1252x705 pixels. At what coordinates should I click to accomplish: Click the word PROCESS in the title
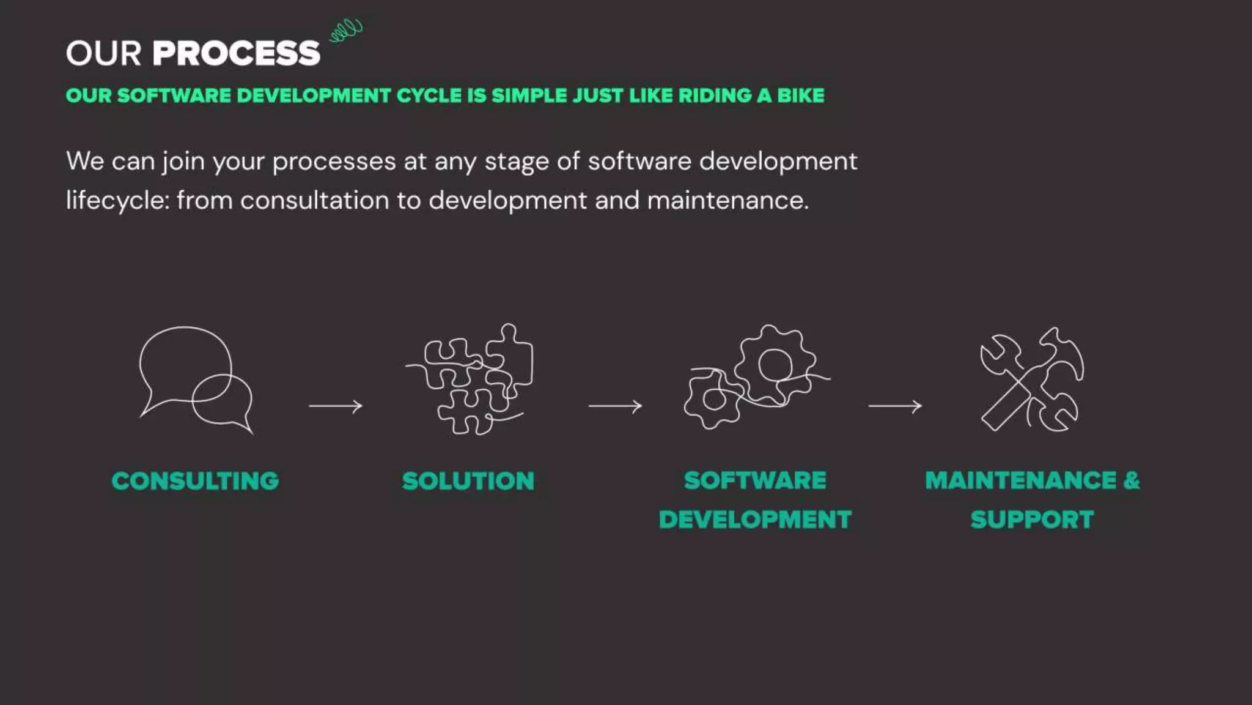236,53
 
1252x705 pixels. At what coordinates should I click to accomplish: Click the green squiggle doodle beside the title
346,30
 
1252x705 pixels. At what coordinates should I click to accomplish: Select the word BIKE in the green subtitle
800,95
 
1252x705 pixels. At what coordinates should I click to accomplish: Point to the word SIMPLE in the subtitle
529,95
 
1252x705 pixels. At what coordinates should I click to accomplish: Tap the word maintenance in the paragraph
727,201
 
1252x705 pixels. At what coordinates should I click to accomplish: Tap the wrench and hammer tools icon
1032,379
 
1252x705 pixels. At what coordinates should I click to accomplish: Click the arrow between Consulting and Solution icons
336,406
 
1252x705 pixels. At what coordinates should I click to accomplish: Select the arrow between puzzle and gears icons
615,406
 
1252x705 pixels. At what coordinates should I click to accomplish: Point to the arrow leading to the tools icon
895,406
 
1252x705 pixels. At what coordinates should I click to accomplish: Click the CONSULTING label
195,481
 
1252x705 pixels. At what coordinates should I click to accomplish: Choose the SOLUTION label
468,481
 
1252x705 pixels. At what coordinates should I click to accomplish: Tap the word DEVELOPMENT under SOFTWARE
755,520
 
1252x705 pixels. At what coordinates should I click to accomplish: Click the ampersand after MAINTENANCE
1132,480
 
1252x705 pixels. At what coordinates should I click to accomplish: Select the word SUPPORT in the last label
1032,520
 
